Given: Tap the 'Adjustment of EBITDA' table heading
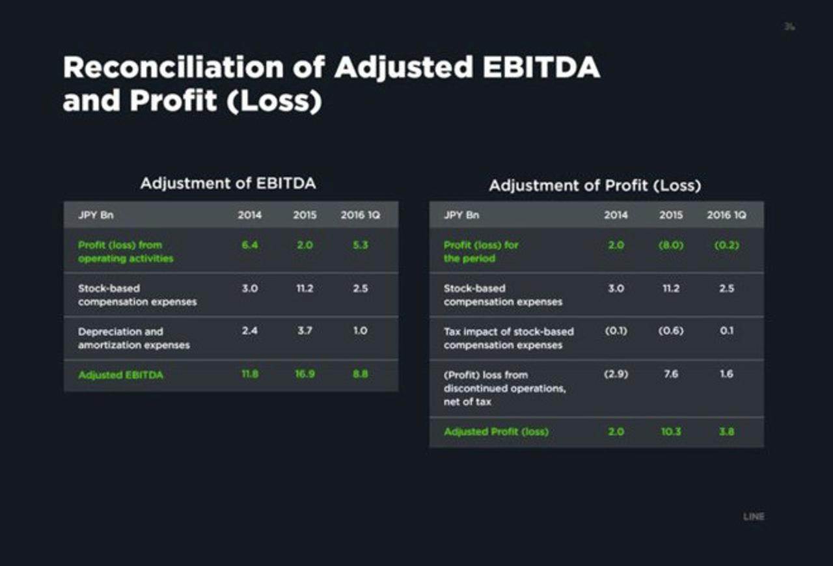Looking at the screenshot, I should [228, 183].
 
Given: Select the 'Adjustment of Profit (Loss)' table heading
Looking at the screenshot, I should [595, 186].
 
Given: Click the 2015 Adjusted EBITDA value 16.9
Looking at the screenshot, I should [305, 375].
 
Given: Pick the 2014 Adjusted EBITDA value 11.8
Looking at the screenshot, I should [249, 375].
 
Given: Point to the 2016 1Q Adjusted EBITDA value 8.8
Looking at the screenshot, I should [360, 375].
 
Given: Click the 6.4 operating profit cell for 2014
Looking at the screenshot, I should [249, 245].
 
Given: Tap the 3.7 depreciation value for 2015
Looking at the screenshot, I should [305, 331].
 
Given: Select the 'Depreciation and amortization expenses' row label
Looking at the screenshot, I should [133, 338].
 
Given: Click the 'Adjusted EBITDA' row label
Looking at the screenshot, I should [120, 375].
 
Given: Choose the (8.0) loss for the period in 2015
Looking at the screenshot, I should [671, 245].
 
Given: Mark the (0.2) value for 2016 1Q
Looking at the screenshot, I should [726, 245].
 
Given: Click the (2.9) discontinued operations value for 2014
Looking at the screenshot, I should [616, 375].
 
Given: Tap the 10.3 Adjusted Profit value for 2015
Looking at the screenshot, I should [671, 431].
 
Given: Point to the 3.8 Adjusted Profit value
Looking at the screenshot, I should [726, 431].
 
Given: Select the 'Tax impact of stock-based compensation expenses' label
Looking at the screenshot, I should [508, 338].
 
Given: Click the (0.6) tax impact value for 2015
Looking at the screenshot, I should [671, 331].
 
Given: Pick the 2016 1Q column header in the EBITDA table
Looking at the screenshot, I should [360, 215].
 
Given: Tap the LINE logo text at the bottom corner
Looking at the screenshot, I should [754, 517].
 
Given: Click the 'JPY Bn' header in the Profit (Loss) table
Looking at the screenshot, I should [461, 215].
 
